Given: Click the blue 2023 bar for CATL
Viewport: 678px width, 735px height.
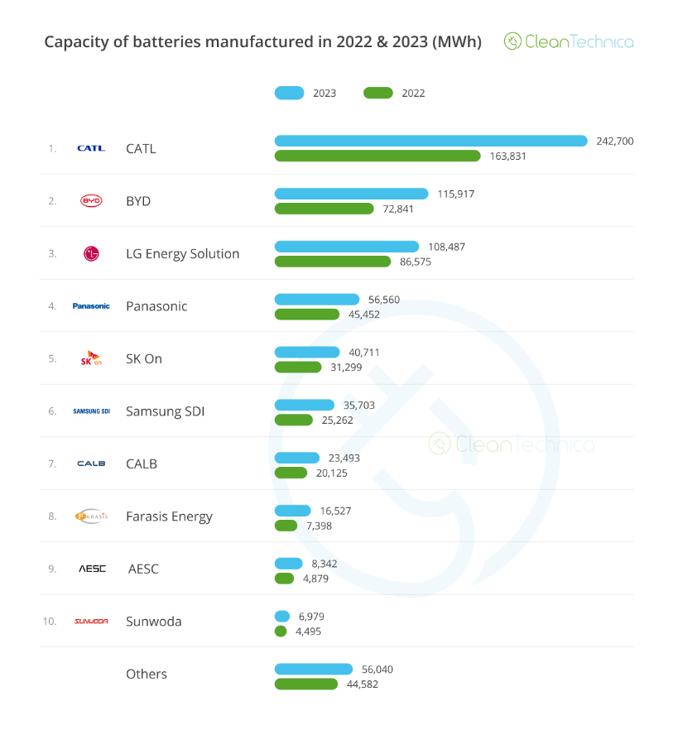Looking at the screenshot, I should click(430, 141).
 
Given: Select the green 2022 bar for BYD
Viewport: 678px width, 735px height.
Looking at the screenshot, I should click(324, 209).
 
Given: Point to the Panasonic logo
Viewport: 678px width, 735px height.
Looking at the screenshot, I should click(91, 306).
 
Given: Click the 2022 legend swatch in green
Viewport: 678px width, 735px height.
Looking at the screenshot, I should click(377, 93).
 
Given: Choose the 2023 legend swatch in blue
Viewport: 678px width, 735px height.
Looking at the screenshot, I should click(289, 93).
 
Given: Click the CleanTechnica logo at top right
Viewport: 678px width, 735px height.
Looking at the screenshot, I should click(569, 41).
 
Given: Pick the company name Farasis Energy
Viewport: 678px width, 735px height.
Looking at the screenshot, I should click(169, 516).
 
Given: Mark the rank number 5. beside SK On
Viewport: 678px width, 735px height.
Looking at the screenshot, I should click(52, 359).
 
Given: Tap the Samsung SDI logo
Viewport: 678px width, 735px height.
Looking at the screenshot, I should click(91, 411).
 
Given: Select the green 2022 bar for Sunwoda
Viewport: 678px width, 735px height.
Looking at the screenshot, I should click(280, 632).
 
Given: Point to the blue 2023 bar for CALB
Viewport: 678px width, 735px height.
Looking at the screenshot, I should click(296, 458).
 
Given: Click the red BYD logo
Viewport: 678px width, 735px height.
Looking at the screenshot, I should click(91, 201).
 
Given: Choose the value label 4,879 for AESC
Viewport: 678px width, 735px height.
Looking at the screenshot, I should click(315, 579).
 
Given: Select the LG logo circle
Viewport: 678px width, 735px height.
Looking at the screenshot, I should click(91, 254).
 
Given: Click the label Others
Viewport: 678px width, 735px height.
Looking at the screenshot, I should click(147, 675).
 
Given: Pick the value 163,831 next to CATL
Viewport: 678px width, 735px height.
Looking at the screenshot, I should click(507, 156).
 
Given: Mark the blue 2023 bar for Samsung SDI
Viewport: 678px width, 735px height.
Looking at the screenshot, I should click(304, 405).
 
